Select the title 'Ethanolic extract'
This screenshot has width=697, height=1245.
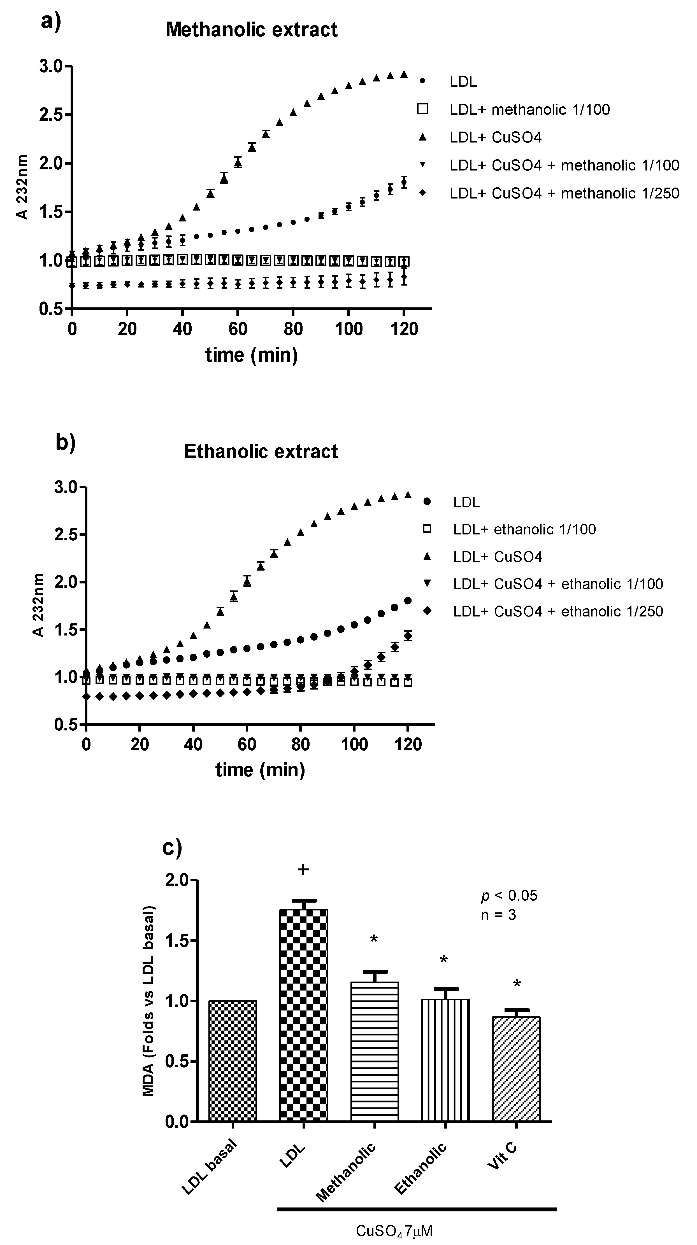261,451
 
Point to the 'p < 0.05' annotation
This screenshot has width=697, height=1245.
509,896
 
